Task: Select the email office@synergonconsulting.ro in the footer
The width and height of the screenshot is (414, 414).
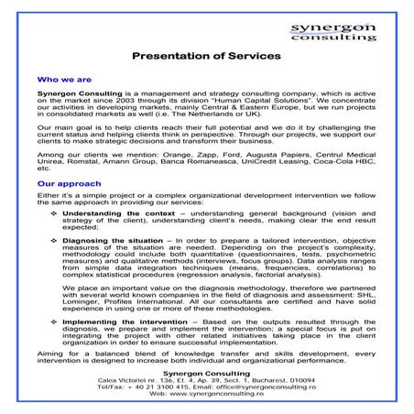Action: [272, 387]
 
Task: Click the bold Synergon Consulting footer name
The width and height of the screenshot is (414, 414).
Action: [207, 372]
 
